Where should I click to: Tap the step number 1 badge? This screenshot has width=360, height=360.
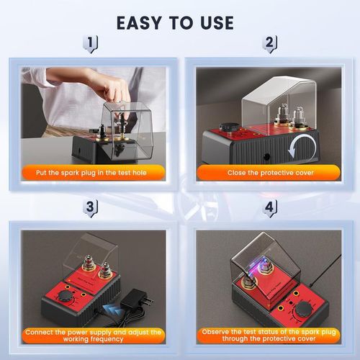pos(90,44)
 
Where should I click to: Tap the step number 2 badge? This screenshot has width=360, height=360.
pos(269,44)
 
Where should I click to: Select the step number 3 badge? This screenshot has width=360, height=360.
pos(90,208)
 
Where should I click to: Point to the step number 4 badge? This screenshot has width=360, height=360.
pos(269,208)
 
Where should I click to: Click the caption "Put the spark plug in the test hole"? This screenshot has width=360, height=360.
pos(91,172)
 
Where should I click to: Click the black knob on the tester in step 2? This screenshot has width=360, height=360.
pos(230,126)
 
